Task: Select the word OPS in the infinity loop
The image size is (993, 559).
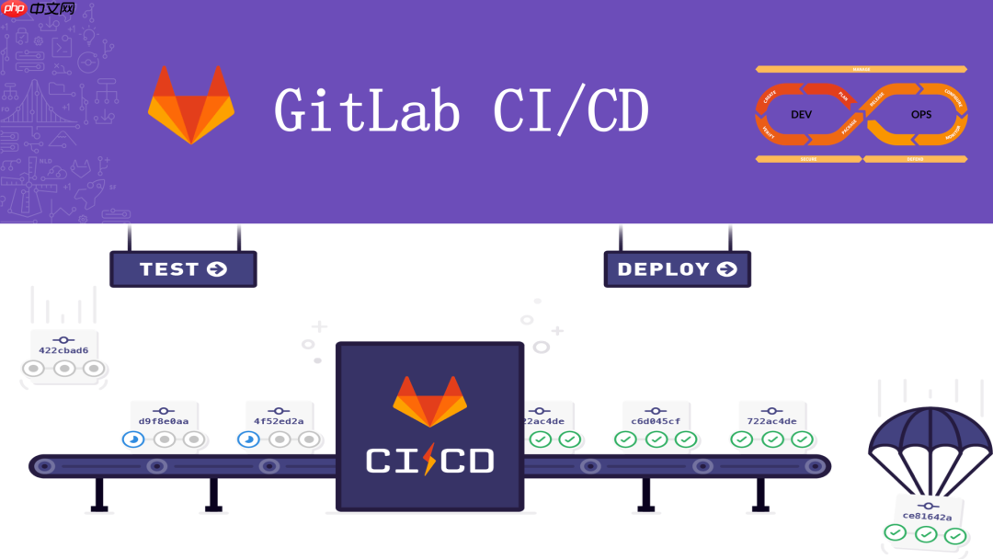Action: pyautogui.click(x=921, y=115)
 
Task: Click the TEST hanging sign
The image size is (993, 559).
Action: pyautogui.click(x=183, y=269)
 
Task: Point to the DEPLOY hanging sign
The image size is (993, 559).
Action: pyautogui.click(x=677, y=269)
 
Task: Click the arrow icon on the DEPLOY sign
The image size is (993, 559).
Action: pyautogui.click(x=726, y=269)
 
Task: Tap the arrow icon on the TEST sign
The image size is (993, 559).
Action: pyautogui.click(x=217, y=269)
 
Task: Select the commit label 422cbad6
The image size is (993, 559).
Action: pyautogui.click(x=63, y=350)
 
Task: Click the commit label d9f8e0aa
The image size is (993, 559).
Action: pyautogui.click(x=164, y=421)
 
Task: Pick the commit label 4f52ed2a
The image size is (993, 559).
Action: pyautogui.click(x=280, y=421)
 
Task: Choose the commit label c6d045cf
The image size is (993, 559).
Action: pyautogui.click(x=656, y=421)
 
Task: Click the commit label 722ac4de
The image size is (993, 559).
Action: pyautogui.click(x=771, y=421)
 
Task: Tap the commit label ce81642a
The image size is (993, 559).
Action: pyautogui.click(x=927, y=516)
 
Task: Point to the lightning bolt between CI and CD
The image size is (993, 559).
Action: pyautogui.click(x=429, y=461)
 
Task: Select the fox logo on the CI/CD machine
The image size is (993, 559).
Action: pyautogui.click(x=429, y=401)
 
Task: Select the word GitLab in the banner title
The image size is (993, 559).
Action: pyautogui.click(x=367, y=112)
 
